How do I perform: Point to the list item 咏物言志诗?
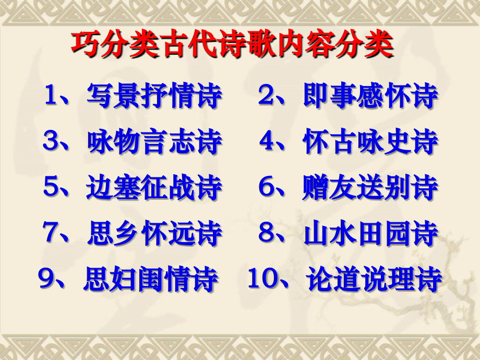[154, 142]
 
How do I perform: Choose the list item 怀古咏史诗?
[370, 142]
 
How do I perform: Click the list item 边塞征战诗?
[154, 188]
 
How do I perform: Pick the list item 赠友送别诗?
[370, 188]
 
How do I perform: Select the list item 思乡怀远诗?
[154, 233]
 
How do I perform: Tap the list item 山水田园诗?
[370, 233]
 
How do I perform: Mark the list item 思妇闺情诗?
[151, 279]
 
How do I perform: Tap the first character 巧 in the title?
[83, 46]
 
